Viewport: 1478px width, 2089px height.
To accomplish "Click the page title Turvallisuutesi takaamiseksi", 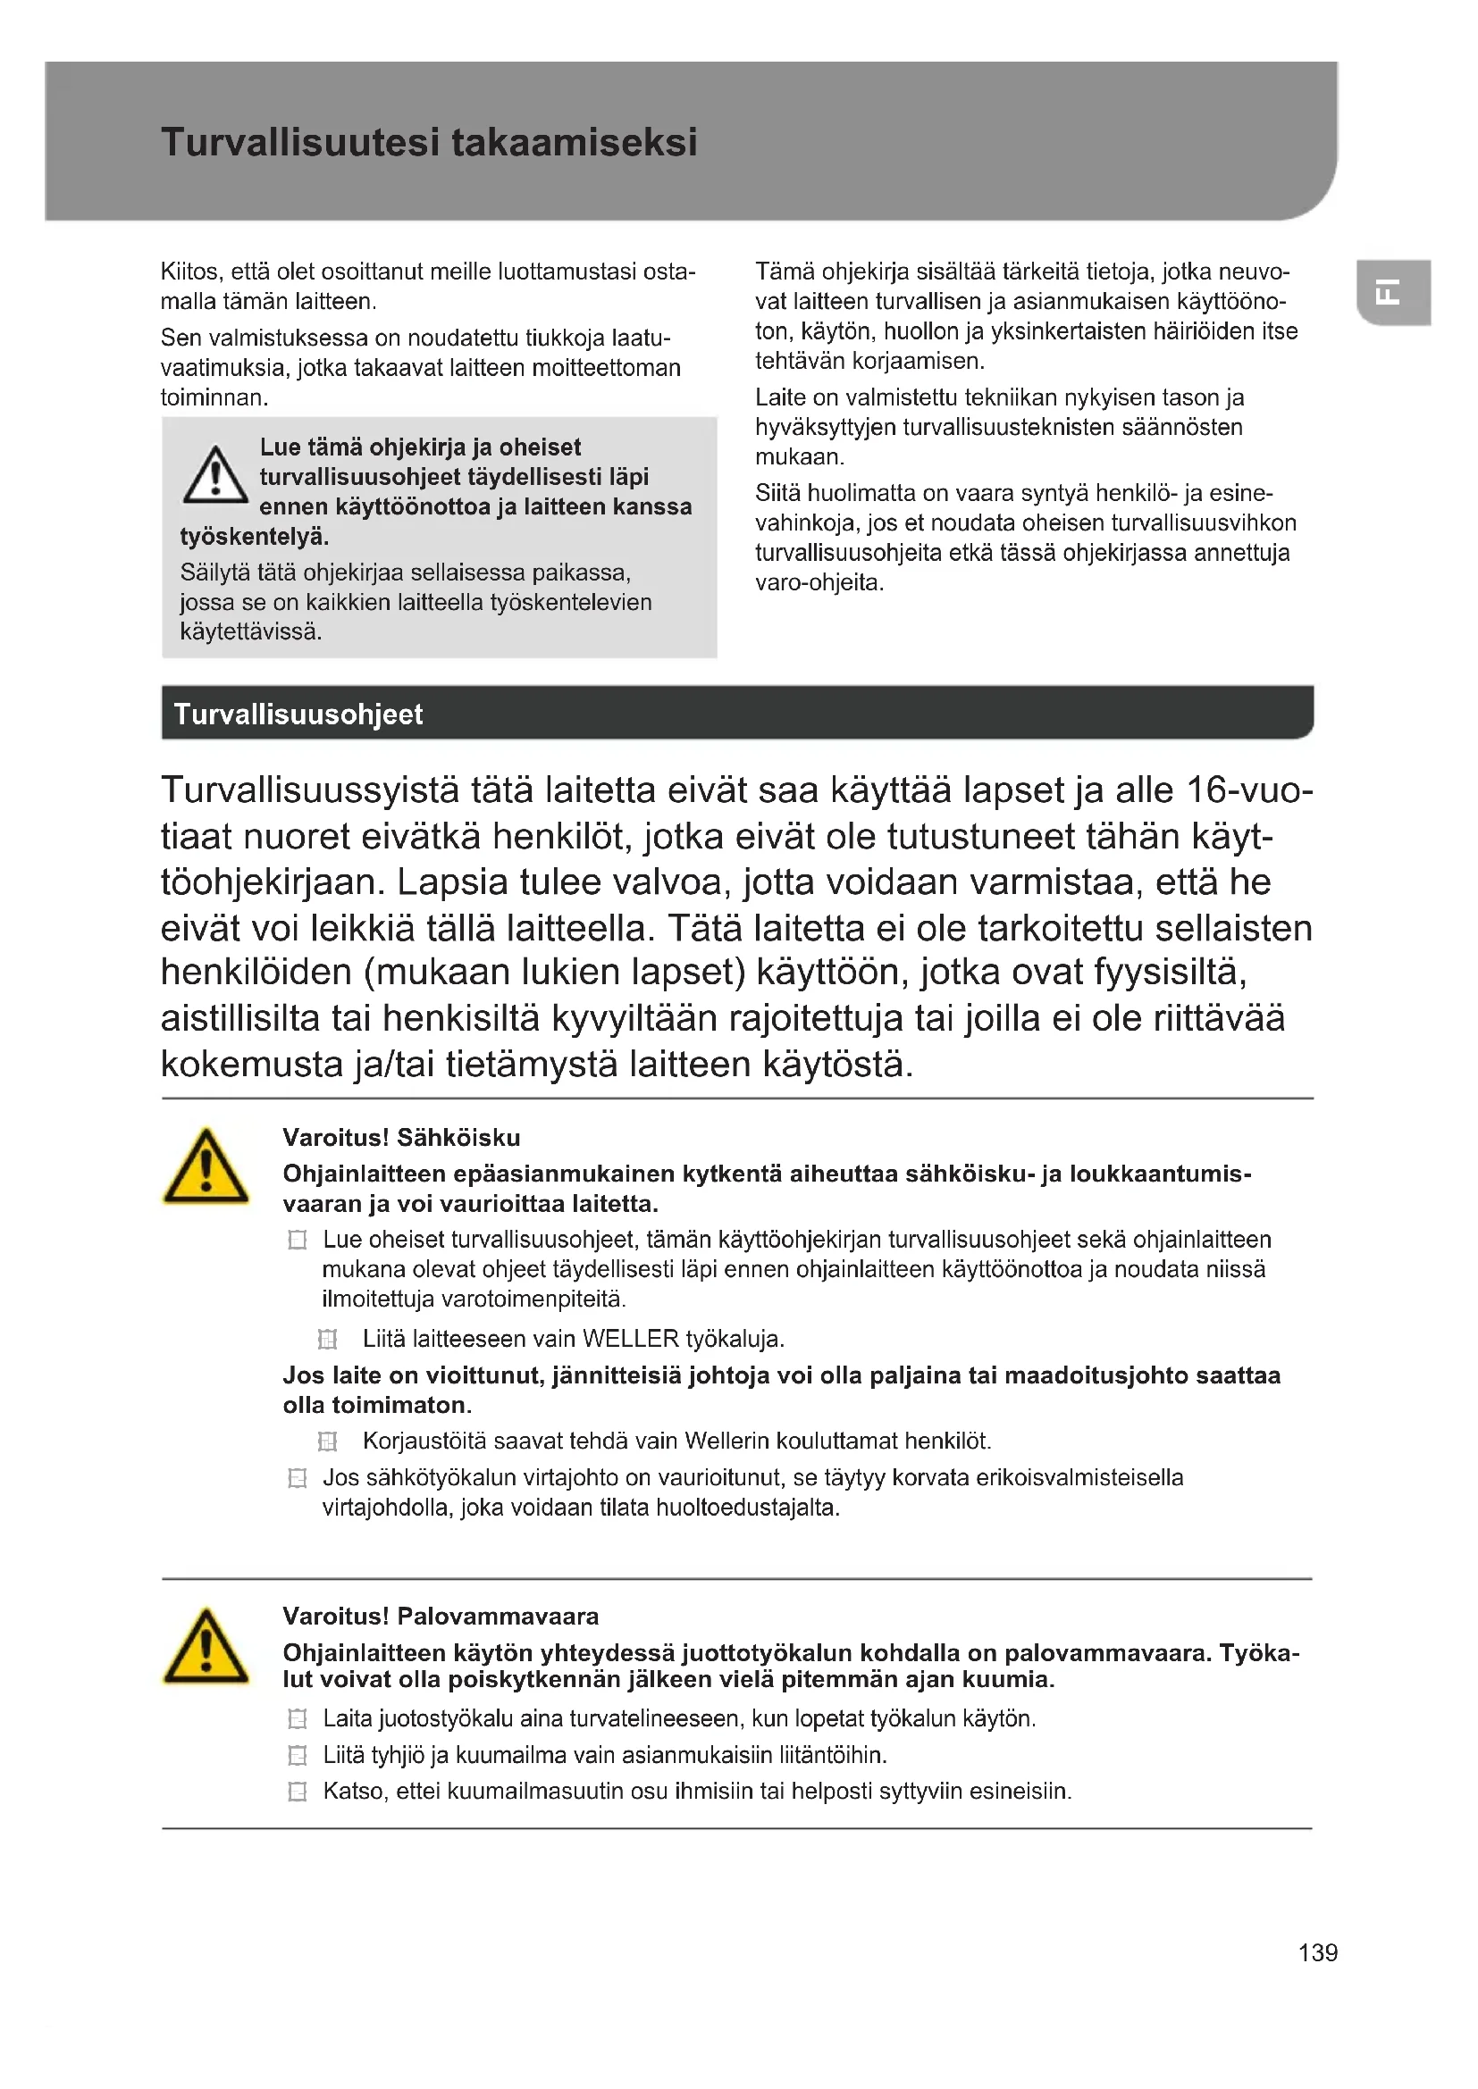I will pos(429,143).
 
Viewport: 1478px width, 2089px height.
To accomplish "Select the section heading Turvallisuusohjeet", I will pos(298,714).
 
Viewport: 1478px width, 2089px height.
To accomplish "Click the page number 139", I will pos(1317,1952).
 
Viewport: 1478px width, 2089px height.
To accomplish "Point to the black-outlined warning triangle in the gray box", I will pos(214,475).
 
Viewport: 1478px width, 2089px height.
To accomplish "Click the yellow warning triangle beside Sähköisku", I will pos(206,1167).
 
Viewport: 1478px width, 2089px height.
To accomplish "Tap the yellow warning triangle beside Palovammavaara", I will pos(206,1647).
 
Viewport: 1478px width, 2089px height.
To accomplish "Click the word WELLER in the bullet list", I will pos(630,1340).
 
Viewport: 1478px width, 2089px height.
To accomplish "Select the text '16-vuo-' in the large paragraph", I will pos(1248,790).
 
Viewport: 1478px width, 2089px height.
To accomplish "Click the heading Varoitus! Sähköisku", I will pos(401,1137).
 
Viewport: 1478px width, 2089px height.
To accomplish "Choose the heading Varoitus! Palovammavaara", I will pos(441,1616).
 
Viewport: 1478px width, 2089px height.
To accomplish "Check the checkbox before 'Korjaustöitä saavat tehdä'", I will pos(328,1441).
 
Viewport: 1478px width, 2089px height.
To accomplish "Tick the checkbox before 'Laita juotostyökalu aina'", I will pos(298,1718).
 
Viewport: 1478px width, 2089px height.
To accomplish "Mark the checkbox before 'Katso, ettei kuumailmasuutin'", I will pos(298,1792).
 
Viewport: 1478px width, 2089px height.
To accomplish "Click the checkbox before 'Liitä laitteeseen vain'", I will pos(328,1340).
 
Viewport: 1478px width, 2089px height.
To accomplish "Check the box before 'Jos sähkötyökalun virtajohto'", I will pos(298,1478).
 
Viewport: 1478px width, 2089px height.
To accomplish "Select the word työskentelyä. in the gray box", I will pos(254,537).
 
